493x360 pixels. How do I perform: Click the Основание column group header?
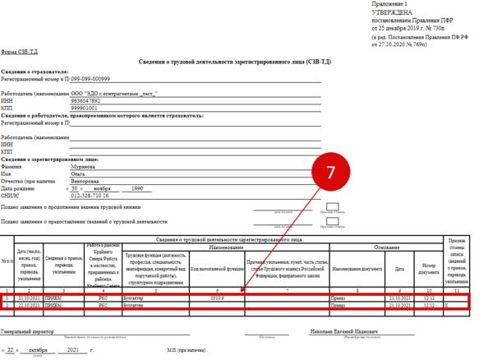[x=386, y=247]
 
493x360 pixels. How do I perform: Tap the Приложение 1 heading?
[x=391, y=6]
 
